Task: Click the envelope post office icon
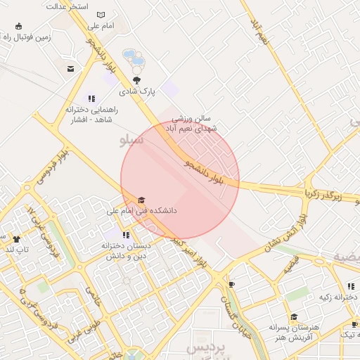71,68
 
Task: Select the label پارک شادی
136,91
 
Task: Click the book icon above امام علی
101,15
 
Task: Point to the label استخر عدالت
67,6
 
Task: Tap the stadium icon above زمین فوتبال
18,27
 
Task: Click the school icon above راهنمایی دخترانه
91,98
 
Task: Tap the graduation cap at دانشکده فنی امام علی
141,200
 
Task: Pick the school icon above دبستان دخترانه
126,235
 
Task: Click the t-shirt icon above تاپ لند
16,238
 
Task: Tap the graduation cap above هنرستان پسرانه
294,317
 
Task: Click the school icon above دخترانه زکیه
350,286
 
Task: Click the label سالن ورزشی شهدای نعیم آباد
191,124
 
